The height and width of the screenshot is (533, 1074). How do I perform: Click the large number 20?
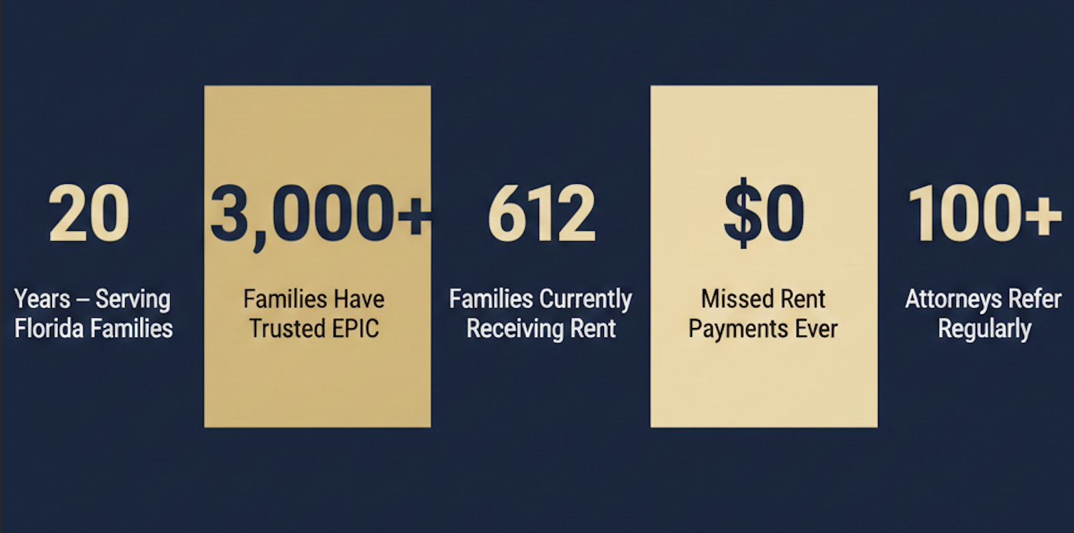pos(89,214)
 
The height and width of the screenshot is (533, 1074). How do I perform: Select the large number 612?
pos(541,214)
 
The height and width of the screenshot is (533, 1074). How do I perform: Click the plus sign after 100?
pos(1043,214)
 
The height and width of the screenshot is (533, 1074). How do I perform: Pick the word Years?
pos(42,299)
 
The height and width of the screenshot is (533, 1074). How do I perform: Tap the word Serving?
pos(133,299)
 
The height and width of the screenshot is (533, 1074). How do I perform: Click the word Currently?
pos(586,300)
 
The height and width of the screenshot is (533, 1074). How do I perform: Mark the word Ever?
pos(815,329)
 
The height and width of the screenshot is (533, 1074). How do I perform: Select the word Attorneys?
pos(950,299)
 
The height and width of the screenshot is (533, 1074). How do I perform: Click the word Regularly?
pos(984,329)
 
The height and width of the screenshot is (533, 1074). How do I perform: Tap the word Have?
pos(359,299)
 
